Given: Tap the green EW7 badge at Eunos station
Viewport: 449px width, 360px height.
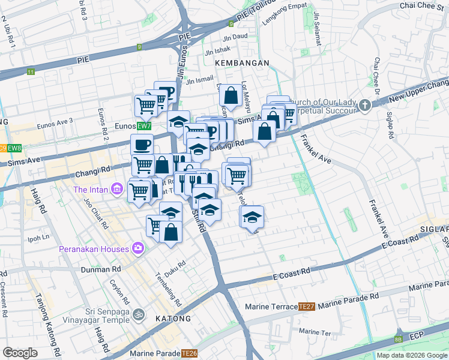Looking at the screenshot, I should (143, 127).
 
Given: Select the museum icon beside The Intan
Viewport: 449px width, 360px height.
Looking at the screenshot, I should (116, 190).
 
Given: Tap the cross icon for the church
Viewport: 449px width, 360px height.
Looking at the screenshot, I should (364, 106).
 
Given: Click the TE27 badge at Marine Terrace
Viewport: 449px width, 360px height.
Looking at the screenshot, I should (307, 307).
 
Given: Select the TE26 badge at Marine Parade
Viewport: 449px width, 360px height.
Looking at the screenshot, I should (190, 353).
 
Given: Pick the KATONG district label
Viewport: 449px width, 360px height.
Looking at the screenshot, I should (173, 319).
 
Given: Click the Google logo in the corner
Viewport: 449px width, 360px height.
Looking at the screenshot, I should (20, 353).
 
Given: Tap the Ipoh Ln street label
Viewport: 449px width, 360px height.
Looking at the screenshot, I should (38, 237).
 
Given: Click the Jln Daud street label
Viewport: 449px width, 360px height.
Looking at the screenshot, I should (235, 35).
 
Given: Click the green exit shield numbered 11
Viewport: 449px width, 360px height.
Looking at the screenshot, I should (31, 72).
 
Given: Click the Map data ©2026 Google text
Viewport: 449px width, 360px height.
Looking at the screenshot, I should (411, 355).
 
